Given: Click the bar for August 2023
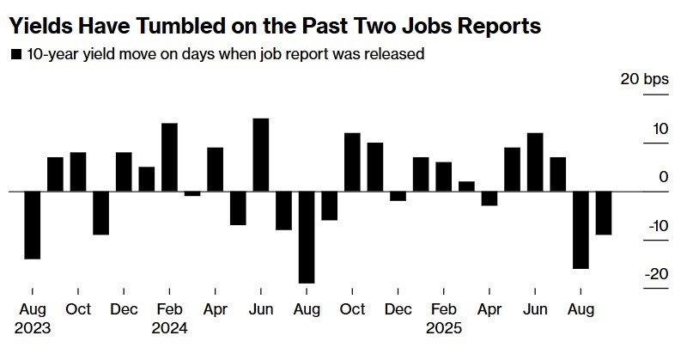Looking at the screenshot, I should pos(32,224).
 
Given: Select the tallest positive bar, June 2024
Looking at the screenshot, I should pos(261,155).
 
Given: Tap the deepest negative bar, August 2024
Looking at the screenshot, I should pos(307,236).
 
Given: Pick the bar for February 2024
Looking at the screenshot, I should pos(169,157).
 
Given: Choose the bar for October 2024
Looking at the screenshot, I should pos(352,162).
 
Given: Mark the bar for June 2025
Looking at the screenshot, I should pos(535,162).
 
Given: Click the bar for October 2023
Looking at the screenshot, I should pos(78,172).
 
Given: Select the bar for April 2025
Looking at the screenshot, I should pos(489,198).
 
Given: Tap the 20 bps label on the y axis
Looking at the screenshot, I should pos(644,80).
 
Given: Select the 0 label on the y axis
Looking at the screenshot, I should pos(663,177).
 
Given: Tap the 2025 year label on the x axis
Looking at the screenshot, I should pos(444,328).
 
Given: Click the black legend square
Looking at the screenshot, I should pos(15,55).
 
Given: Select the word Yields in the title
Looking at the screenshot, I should pos(39,27).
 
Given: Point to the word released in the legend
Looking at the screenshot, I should pos(396,55).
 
